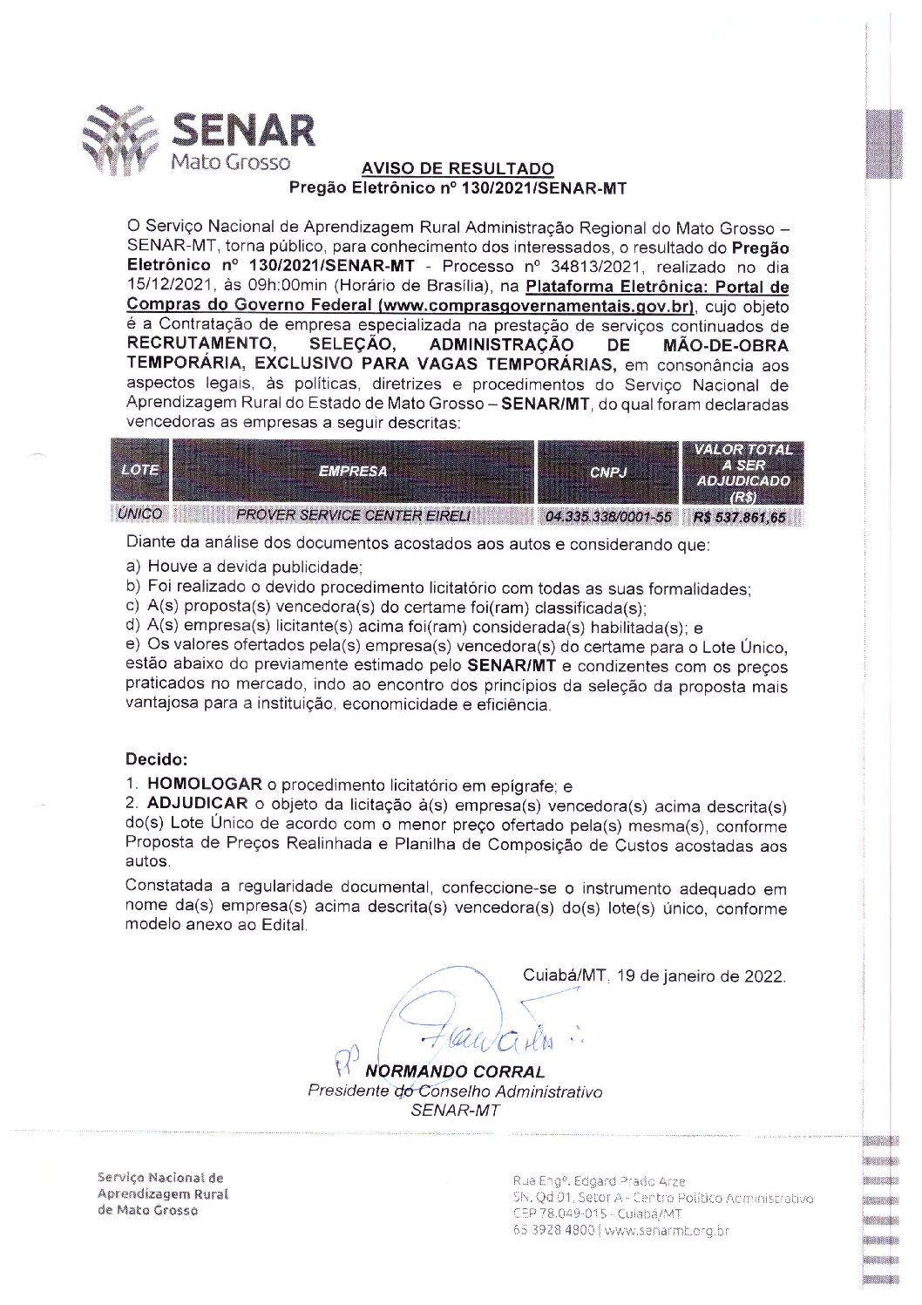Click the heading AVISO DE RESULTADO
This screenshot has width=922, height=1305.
click(x=458, y=169)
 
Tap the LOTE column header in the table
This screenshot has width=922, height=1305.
click(x=139, y=470)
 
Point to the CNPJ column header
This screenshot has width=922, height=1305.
click(x=607, y=472)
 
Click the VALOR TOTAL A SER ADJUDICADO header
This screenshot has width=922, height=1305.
click(x=743, y=472)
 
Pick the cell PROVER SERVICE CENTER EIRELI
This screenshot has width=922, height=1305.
click(x=353, y=515)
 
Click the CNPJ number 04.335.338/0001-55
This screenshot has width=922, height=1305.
click(x=607, y=517)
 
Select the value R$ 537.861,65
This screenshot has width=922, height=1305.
click(x=739, y=517)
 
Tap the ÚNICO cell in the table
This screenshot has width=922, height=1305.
click(x=139, y=514)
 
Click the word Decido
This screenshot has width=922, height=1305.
click(x=156, y=759)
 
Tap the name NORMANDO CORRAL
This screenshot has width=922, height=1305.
click(x=455, y=1071)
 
